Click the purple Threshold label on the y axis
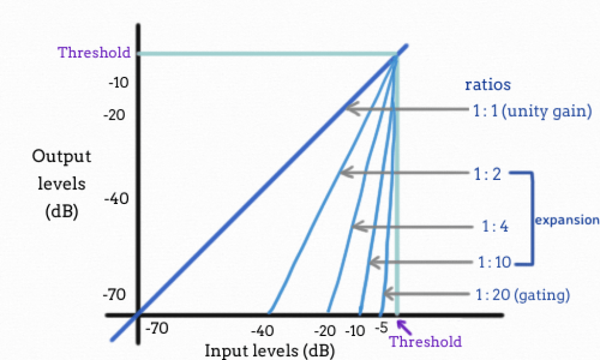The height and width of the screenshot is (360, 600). pyautogui.click(x=94, y=52)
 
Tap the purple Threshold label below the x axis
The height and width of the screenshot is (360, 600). pyautogui.click(x=425, y=341)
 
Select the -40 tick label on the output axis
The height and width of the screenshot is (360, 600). pyautogui.click(x=115, y=199)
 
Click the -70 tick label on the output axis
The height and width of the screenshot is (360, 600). pyautogui.click(x=115, y=294)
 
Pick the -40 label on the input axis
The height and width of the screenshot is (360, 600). pyautogui.click(x=267, y=331)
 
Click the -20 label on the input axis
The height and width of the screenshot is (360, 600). pyautogui.click(x=328, y=331)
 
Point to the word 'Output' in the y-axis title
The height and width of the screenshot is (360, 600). pyautogui.click(x=62, y=157)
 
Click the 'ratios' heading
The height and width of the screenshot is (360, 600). pyautogui.click(x=487, y=84)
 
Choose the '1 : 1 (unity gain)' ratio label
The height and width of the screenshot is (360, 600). pyautogui.click(x=531, y=110)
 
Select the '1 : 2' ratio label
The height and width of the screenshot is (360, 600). pyautogui.click(x=487, y=174)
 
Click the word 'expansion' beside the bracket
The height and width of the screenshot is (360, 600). pyautogui.click(x=567, y=220)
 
